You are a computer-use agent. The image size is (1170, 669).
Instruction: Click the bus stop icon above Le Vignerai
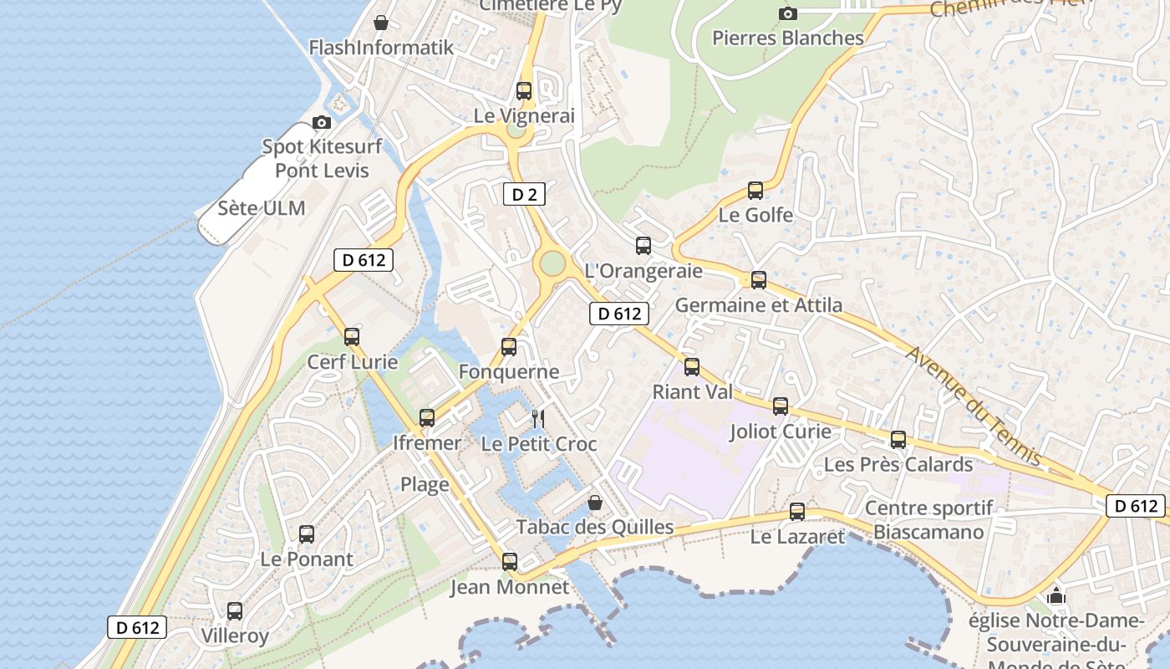524,91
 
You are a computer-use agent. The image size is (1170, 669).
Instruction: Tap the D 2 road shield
524,195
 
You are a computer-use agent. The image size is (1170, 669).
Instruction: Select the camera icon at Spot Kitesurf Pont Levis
322,123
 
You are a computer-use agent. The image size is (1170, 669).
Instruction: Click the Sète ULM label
262,208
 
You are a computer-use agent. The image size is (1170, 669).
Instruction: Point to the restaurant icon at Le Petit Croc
538,418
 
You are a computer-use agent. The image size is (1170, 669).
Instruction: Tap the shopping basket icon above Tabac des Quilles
595,503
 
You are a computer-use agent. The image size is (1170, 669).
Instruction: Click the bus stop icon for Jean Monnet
510,562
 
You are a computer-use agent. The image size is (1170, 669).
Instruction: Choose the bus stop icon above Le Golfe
755,191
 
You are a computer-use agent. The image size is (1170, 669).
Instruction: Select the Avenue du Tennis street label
974,406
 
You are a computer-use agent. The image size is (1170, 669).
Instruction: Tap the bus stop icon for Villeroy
235,611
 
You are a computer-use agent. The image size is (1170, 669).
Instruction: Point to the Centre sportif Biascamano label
928,519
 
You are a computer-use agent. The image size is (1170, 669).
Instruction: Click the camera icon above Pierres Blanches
787,13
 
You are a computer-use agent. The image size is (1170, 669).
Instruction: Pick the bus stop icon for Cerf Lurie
352,337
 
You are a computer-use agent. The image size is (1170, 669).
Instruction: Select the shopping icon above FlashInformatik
381,23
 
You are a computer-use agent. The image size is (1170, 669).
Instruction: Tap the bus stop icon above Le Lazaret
797,512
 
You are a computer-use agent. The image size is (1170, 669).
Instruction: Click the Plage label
425,484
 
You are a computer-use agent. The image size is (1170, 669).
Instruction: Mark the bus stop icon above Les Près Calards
898,440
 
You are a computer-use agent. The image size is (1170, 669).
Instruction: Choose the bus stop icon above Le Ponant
307,534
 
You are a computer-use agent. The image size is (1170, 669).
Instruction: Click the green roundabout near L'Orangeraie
552,263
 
